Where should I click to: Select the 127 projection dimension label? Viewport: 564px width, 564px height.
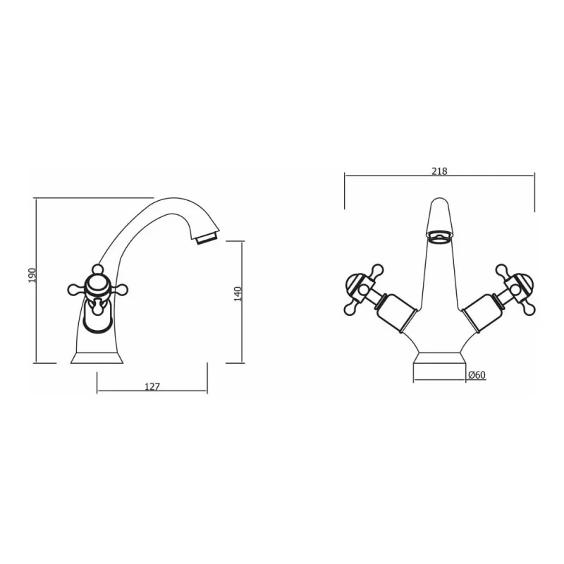[152, 386]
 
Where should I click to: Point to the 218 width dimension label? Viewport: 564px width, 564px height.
[439, 171]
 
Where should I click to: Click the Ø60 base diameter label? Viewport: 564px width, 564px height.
[477, 376]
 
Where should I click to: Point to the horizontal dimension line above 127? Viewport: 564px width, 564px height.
[152, 392]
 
